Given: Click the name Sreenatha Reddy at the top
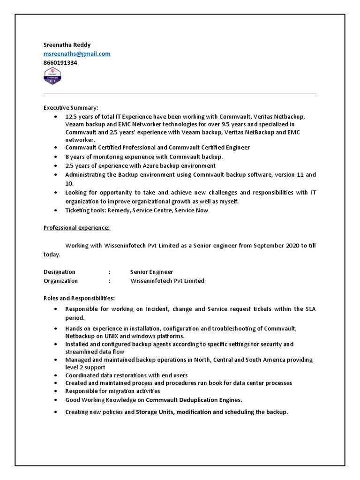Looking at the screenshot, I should tap(67, 45).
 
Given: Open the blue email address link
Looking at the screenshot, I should tap(77, 54).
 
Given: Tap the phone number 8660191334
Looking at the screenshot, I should tap(60, 62).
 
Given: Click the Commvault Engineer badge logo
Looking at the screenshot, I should tap(52, 76).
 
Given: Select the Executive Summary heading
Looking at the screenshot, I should tap(71, 108).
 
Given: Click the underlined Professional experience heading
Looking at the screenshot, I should tap(77, 228).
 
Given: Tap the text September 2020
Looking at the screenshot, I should tap(277, 246).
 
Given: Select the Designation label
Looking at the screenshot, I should tap(60, 272).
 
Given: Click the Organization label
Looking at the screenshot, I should tap(61, 281).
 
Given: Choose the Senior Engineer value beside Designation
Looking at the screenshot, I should tap(151, 272).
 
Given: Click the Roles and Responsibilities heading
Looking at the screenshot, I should tap(79, 298).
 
